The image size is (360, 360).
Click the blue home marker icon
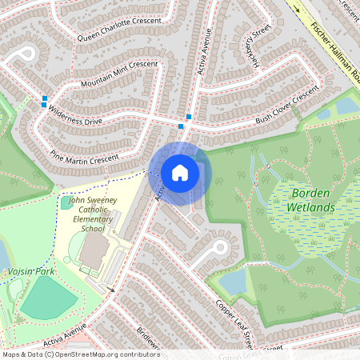[180, 172]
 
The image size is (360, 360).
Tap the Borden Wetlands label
[312, 200]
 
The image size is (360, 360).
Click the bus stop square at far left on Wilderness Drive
[44, 101]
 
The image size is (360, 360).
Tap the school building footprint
[94, 251]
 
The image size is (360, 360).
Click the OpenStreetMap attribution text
[80, 354]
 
